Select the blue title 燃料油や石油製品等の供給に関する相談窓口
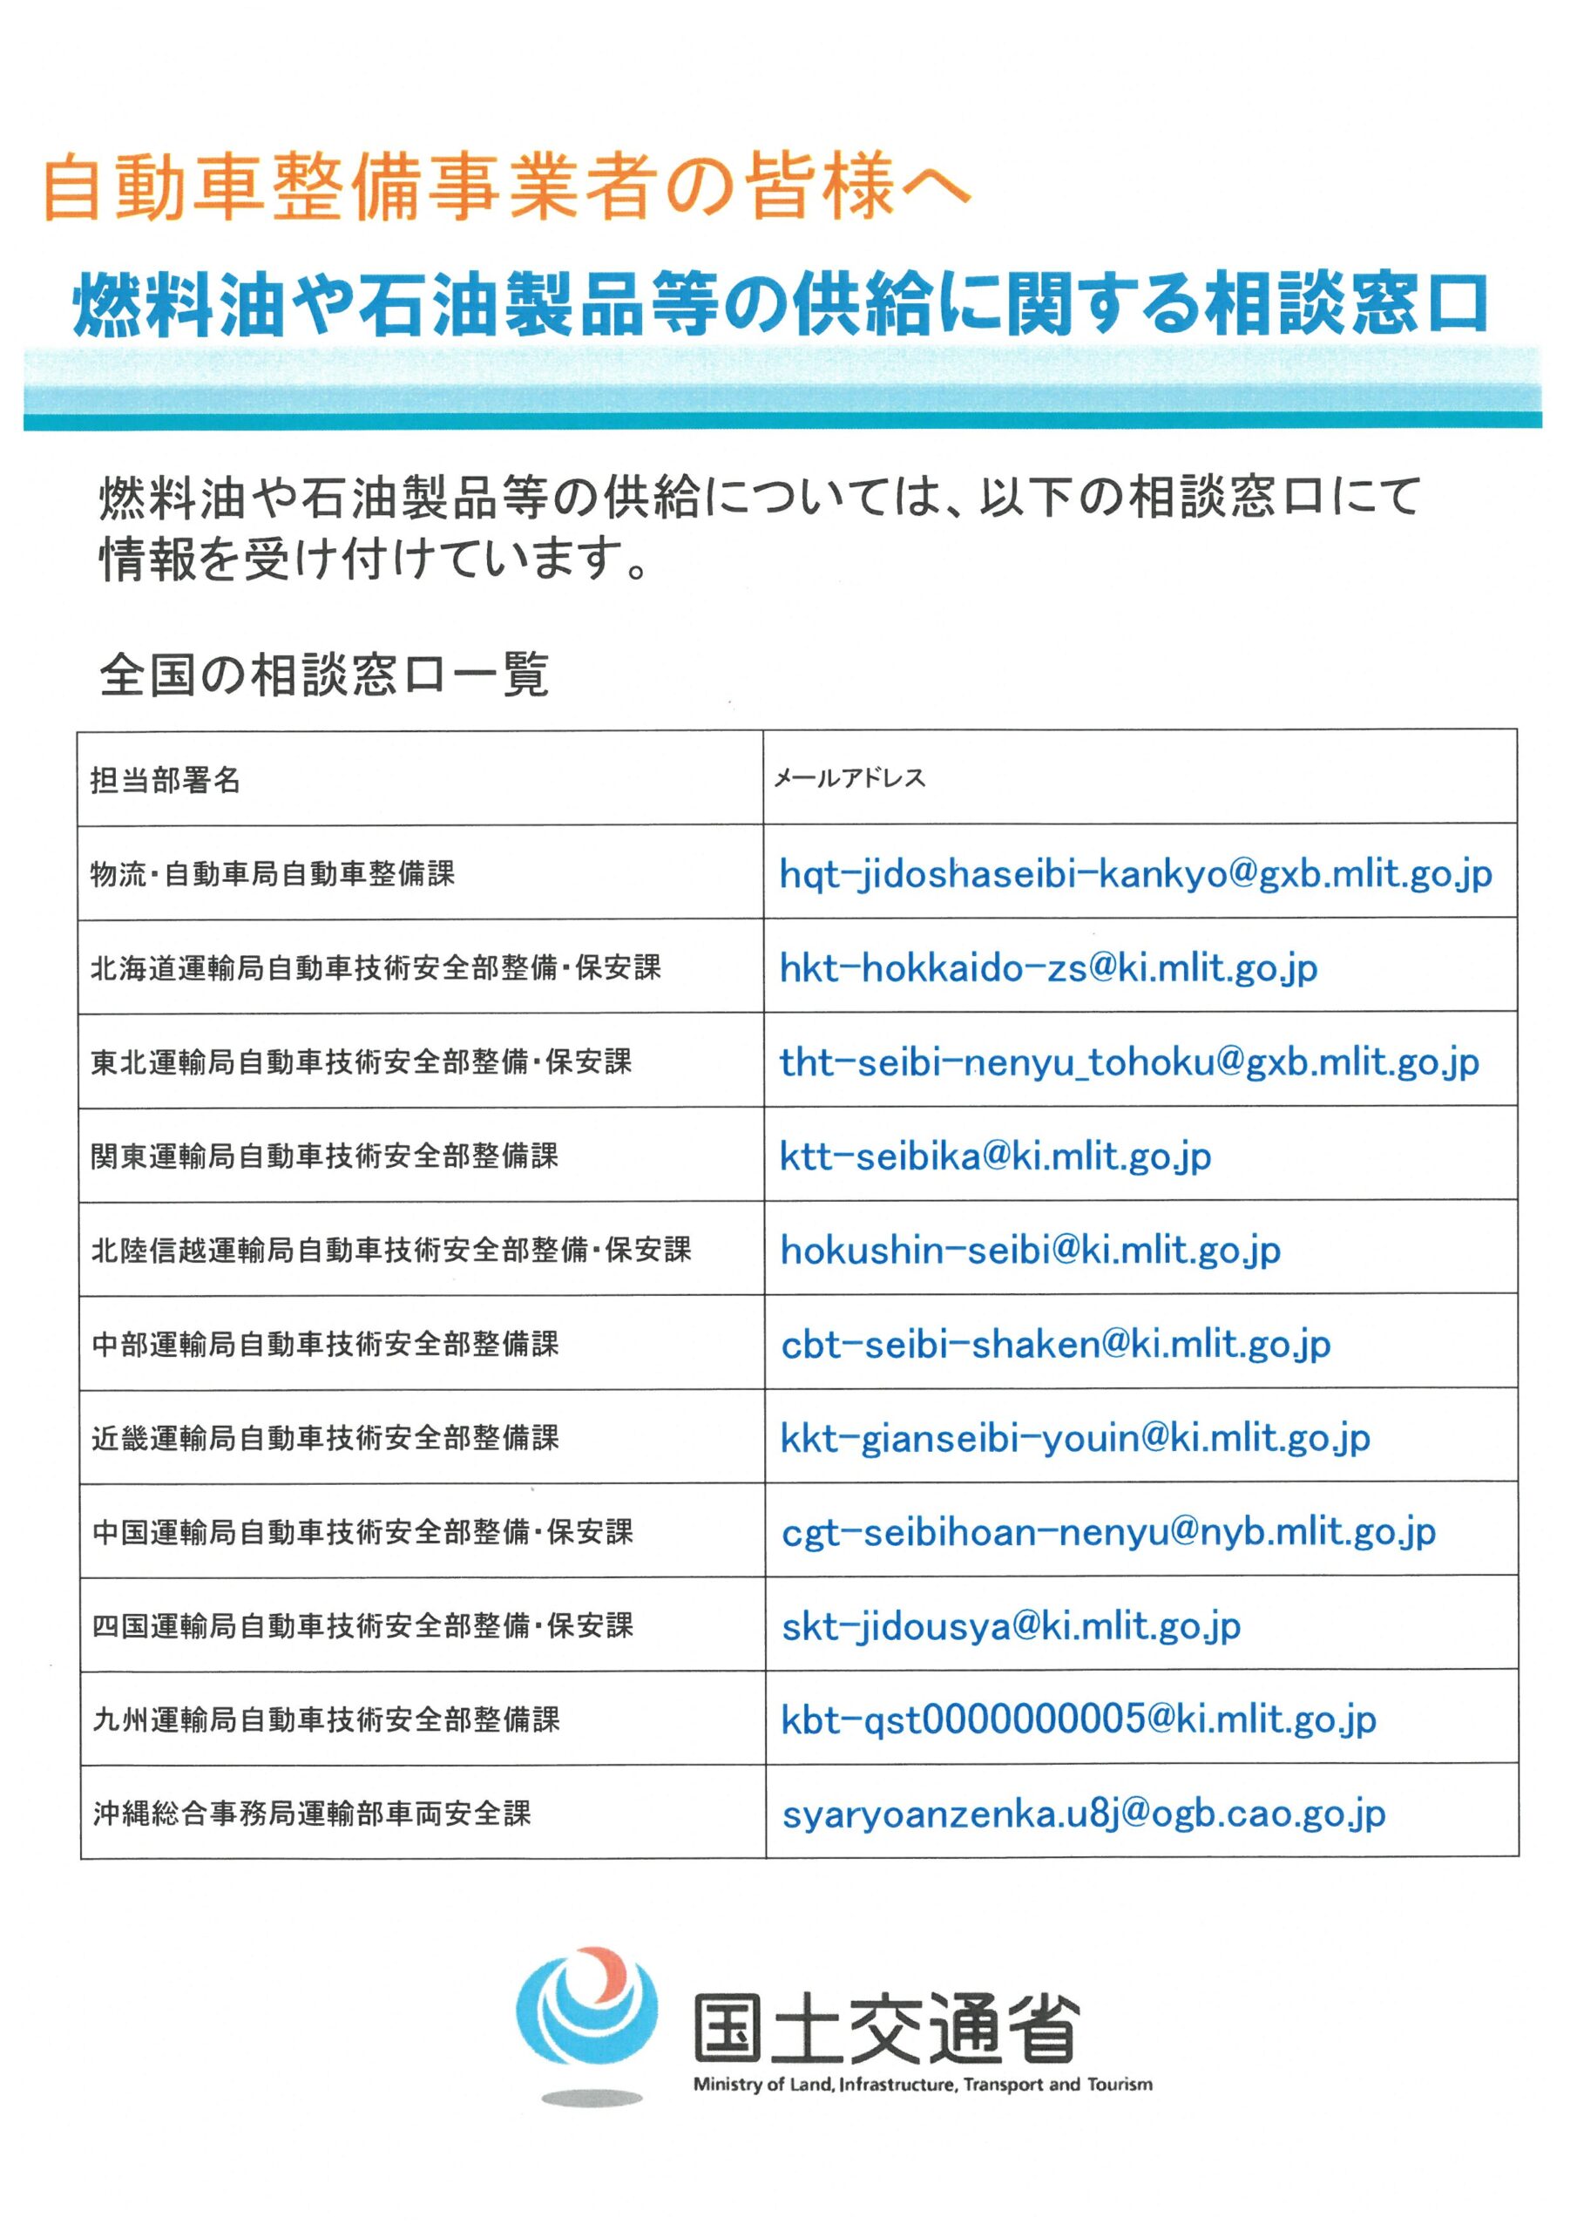click(781, 304)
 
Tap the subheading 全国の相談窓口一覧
click(324, 675)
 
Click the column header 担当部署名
click(166, 780)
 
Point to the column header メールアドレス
click(849, 778)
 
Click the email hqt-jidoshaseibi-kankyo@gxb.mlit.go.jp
click(1135, 874)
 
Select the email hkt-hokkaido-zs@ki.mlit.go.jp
click(1048, 969)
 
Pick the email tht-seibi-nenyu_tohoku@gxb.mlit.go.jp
click(1129, 1062)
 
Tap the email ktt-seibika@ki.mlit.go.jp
click(995, 1156)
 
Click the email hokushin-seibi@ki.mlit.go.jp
click(1030, 1251)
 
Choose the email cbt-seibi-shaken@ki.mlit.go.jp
click(1055, 1345)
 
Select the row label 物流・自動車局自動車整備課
click(272, 874)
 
